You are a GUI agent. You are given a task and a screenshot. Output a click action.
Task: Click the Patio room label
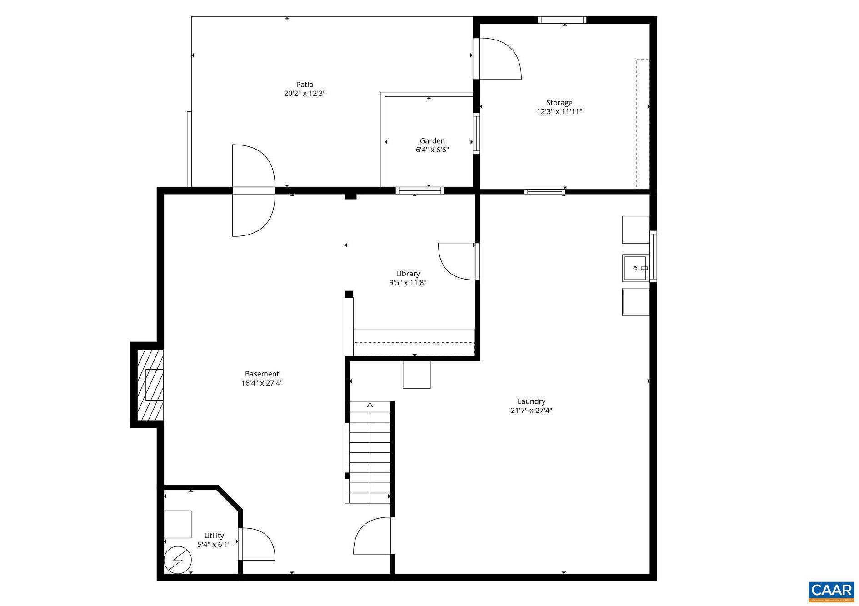tap(305, 85)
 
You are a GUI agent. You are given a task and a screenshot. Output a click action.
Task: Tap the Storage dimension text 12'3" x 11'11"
tap(559, 112)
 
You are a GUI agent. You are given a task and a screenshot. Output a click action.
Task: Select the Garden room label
tap(432, 141)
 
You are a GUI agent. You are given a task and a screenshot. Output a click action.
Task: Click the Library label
tap(408, 274)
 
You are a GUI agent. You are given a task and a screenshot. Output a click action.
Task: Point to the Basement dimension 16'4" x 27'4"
tap(262, 383)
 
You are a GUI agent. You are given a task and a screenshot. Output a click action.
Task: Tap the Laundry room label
tap(531, 401)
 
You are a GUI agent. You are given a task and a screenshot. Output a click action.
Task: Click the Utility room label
tap(214, 536)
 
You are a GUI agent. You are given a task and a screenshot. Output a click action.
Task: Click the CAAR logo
tap(831, 591)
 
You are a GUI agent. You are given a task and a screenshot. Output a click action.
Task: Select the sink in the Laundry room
tap(635, 268)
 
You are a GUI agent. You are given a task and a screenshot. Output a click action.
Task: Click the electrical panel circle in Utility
tap(178, 560)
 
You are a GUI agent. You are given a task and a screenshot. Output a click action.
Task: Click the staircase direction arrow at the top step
tap(370, 405)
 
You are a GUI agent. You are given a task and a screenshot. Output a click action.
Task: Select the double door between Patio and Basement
tap(253, 190)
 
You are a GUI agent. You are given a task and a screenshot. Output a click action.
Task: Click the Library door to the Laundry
tap(457, 261)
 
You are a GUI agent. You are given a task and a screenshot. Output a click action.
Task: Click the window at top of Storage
tap(562, 20)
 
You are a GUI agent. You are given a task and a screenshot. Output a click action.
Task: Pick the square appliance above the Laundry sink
tap(635, 230)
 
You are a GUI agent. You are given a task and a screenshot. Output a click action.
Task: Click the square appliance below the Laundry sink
tap(635, 301)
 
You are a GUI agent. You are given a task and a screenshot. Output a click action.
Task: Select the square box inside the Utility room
tap(177, 524)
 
